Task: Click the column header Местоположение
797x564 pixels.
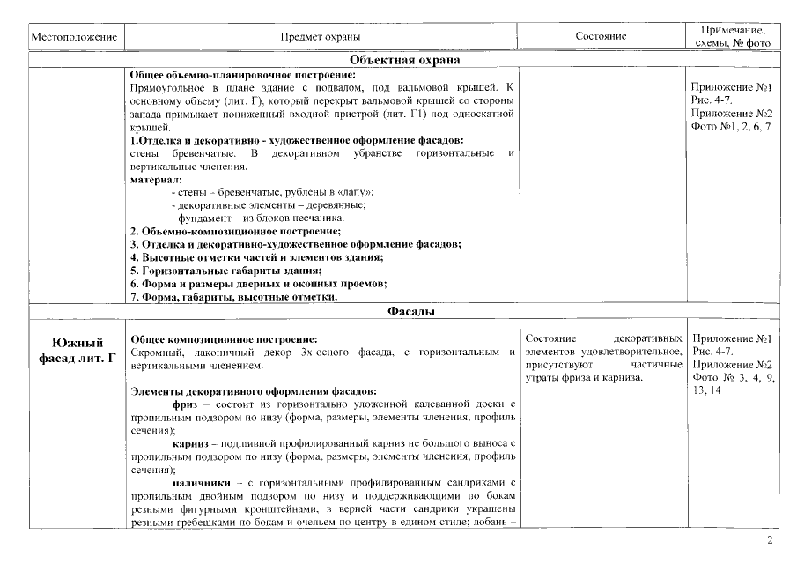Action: click(x=73, y=37)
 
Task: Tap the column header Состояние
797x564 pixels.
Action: click(x=601, y=37)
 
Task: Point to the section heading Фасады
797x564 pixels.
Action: click(x=405, y=311)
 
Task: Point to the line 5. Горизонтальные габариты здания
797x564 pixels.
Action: click(x=225, y=271)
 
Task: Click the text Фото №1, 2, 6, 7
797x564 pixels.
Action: click(x=731, y=127)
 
